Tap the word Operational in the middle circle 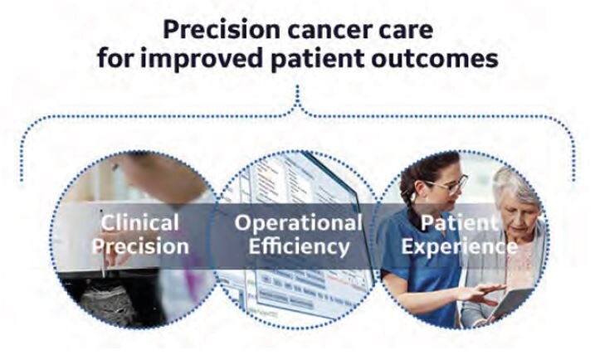298,222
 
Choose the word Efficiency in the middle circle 298,246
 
